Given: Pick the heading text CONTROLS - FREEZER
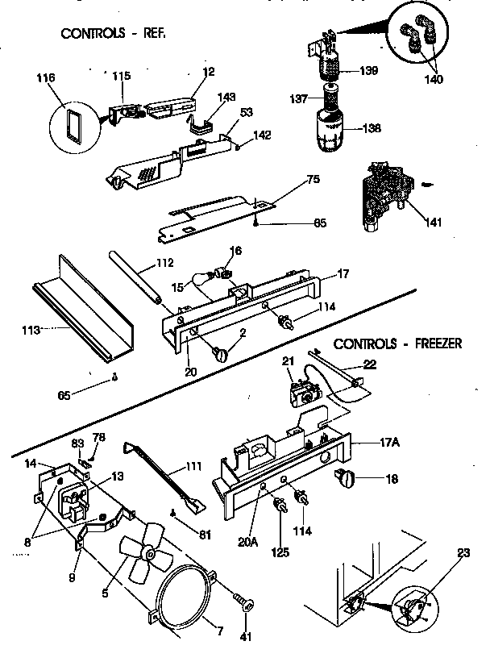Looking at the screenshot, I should click(397, 343).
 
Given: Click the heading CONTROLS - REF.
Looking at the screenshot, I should click(118, 34).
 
